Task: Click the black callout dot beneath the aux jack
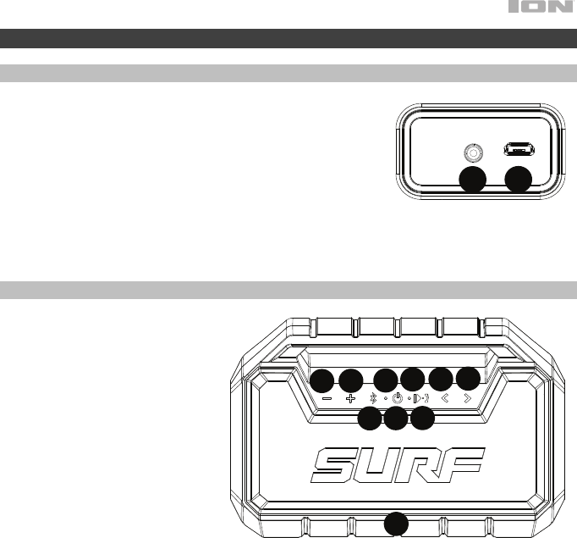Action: click(x=472, y=180)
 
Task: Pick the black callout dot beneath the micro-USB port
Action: click(x=517, y=180)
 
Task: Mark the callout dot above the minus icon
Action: click(x=321, y=380)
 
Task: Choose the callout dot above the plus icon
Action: click(x=351, y=380)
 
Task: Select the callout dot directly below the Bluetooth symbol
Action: click(x=370, y=418)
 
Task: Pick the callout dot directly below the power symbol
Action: click(x=396, y=418)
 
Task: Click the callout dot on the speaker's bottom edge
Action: click(x=396, y=524)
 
